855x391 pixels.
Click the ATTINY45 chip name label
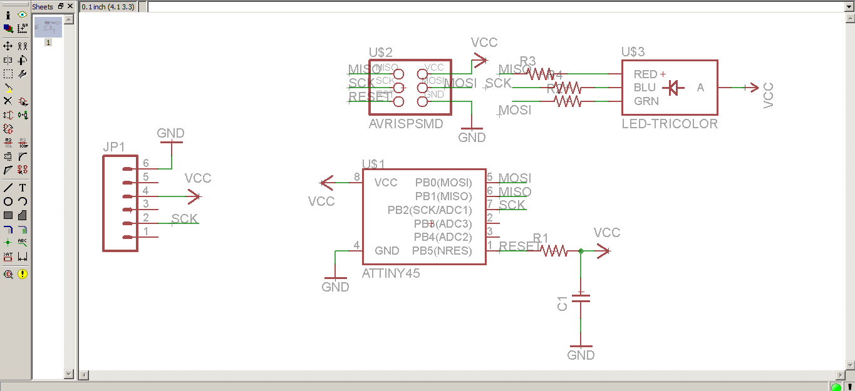(x=391, y=273)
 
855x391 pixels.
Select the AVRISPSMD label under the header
(x=406, y=124)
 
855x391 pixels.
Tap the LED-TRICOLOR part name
(x=670, y=124)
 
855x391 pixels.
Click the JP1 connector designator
(x=114, y=147)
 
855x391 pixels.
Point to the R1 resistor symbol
(x=553, y=251)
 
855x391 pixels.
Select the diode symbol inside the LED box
(x=673, y=88)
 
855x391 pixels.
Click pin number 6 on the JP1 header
(x=145, y=163)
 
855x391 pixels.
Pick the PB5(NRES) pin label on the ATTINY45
(x=442, y=251)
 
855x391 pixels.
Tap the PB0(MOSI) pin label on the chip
(x=443, y=183)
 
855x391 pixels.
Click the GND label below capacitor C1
(x=581, y=355)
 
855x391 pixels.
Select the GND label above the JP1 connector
(x=170, y=133)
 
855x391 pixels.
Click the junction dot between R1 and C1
(x=581, y=251)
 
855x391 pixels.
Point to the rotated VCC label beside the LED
(x=769, y=96)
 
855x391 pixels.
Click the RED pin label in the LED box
(x=645, y=74)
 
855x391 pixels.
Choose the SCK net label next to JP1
(x=184, y=219)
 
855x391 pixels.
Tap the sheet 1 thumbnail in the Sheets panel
(x=48, y=28)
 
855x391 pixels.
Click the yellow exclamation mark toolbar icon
(x=23, y=274)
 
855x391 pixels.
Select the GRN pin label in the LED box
(x=646, y=101)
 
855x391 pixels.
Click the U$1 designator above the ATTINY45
(x=373, y=164)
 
